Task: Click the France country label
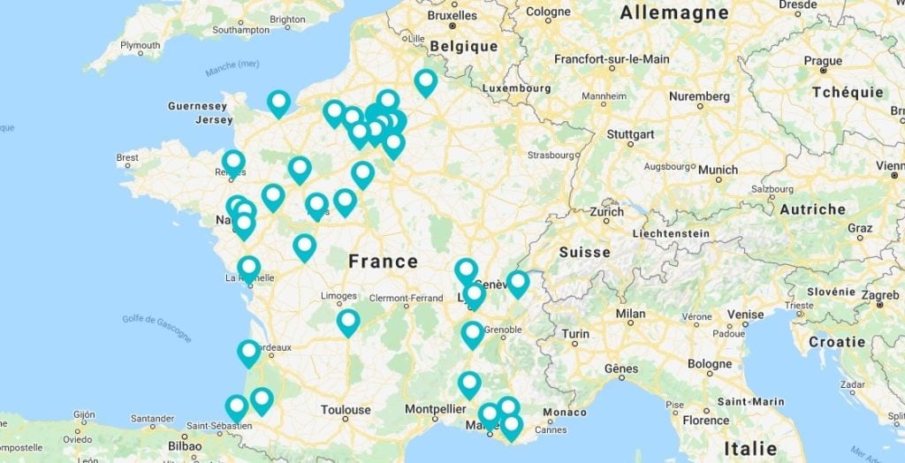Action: pyautogui.click(x=383, y=262)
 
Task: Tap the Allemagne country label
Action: pyautogui.click(x=674, y=12)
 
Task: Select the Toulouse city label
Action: pyautogui.click(x=346, y=410)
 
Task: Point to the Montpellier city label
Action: pyautogui.click(x=436, y=409)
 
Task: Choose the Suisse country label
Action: pyautogui.click(x=584, y=252)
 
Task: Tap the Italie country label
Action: pyautogui.click(x=749, y=448)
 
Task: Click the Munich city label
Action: pyautogui.click(x=718, y=170)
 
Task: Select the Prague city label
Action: pyautogui.click(x=824, y=61)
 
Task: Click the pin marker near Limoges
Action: pyautogui.click(x=348, y=321)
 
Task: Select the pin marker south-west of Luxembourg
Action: pyautogui.click(x=426, y=81)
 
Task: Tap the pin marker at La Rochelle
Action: pyautogui.click(x=249, y=268)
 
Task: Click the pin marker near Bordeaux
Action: pyautogui.click(x=249, y=352)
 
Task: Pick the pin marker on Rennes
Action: pyautogui.click(x=233, y=162)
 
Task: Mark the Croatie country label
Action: pyautogui.click(x=836, y=341)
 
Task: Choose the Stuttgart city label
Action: pyautogui.click(x=631, y=134)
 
